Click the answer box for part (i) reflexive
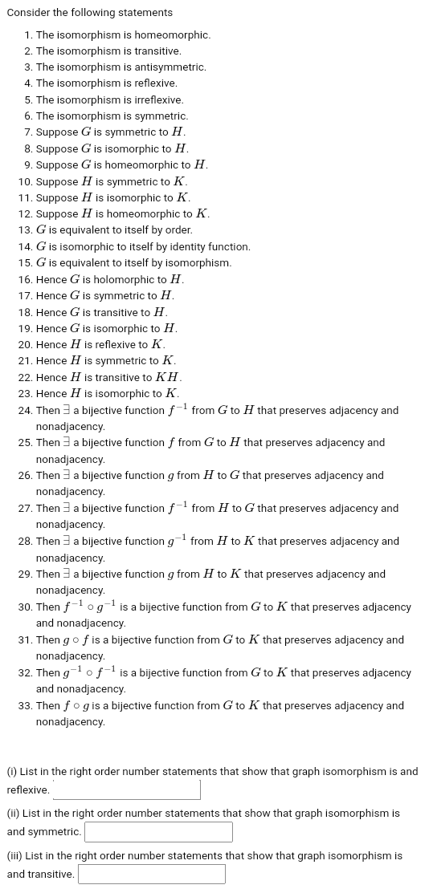126,789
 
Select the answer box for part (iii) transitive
151,874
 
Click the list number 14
24,247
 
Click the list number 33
24,706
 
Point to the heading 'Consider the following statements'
89,13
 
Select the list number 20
24,345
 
